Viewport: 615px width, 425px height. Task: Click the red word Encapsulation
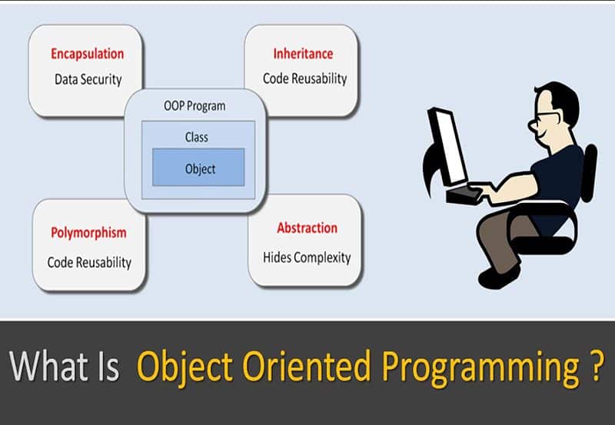point(88,54)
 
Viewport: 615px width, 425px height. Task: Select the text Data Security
point(88,80)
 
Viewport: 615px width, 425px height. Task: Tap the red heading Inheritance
point(303,54)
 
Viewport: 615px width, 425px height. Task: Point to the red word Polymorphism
point(88,233)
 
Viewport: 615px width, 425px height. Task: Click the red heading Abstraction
point(307,227)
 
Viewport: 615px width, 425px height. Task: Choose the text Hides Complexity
point(307,257)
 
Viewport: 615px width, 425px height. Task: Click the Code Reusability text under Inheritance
point(304,79)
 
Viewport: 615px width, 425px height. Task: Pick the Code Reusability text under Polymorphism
point(89,262)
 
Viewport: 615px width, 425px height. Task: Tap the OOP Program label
point(194,106)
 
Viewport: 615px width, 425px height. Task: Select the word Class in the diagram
point(197,138)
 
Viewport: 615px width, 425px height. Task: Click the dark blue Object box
point(198,167)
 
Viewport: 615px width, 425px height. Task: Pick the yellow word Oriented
point(307,366)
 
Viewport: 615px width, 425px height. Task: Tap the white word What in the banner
point(48,366)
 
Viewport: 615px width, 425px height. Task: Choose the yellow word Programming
point(481,370)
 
